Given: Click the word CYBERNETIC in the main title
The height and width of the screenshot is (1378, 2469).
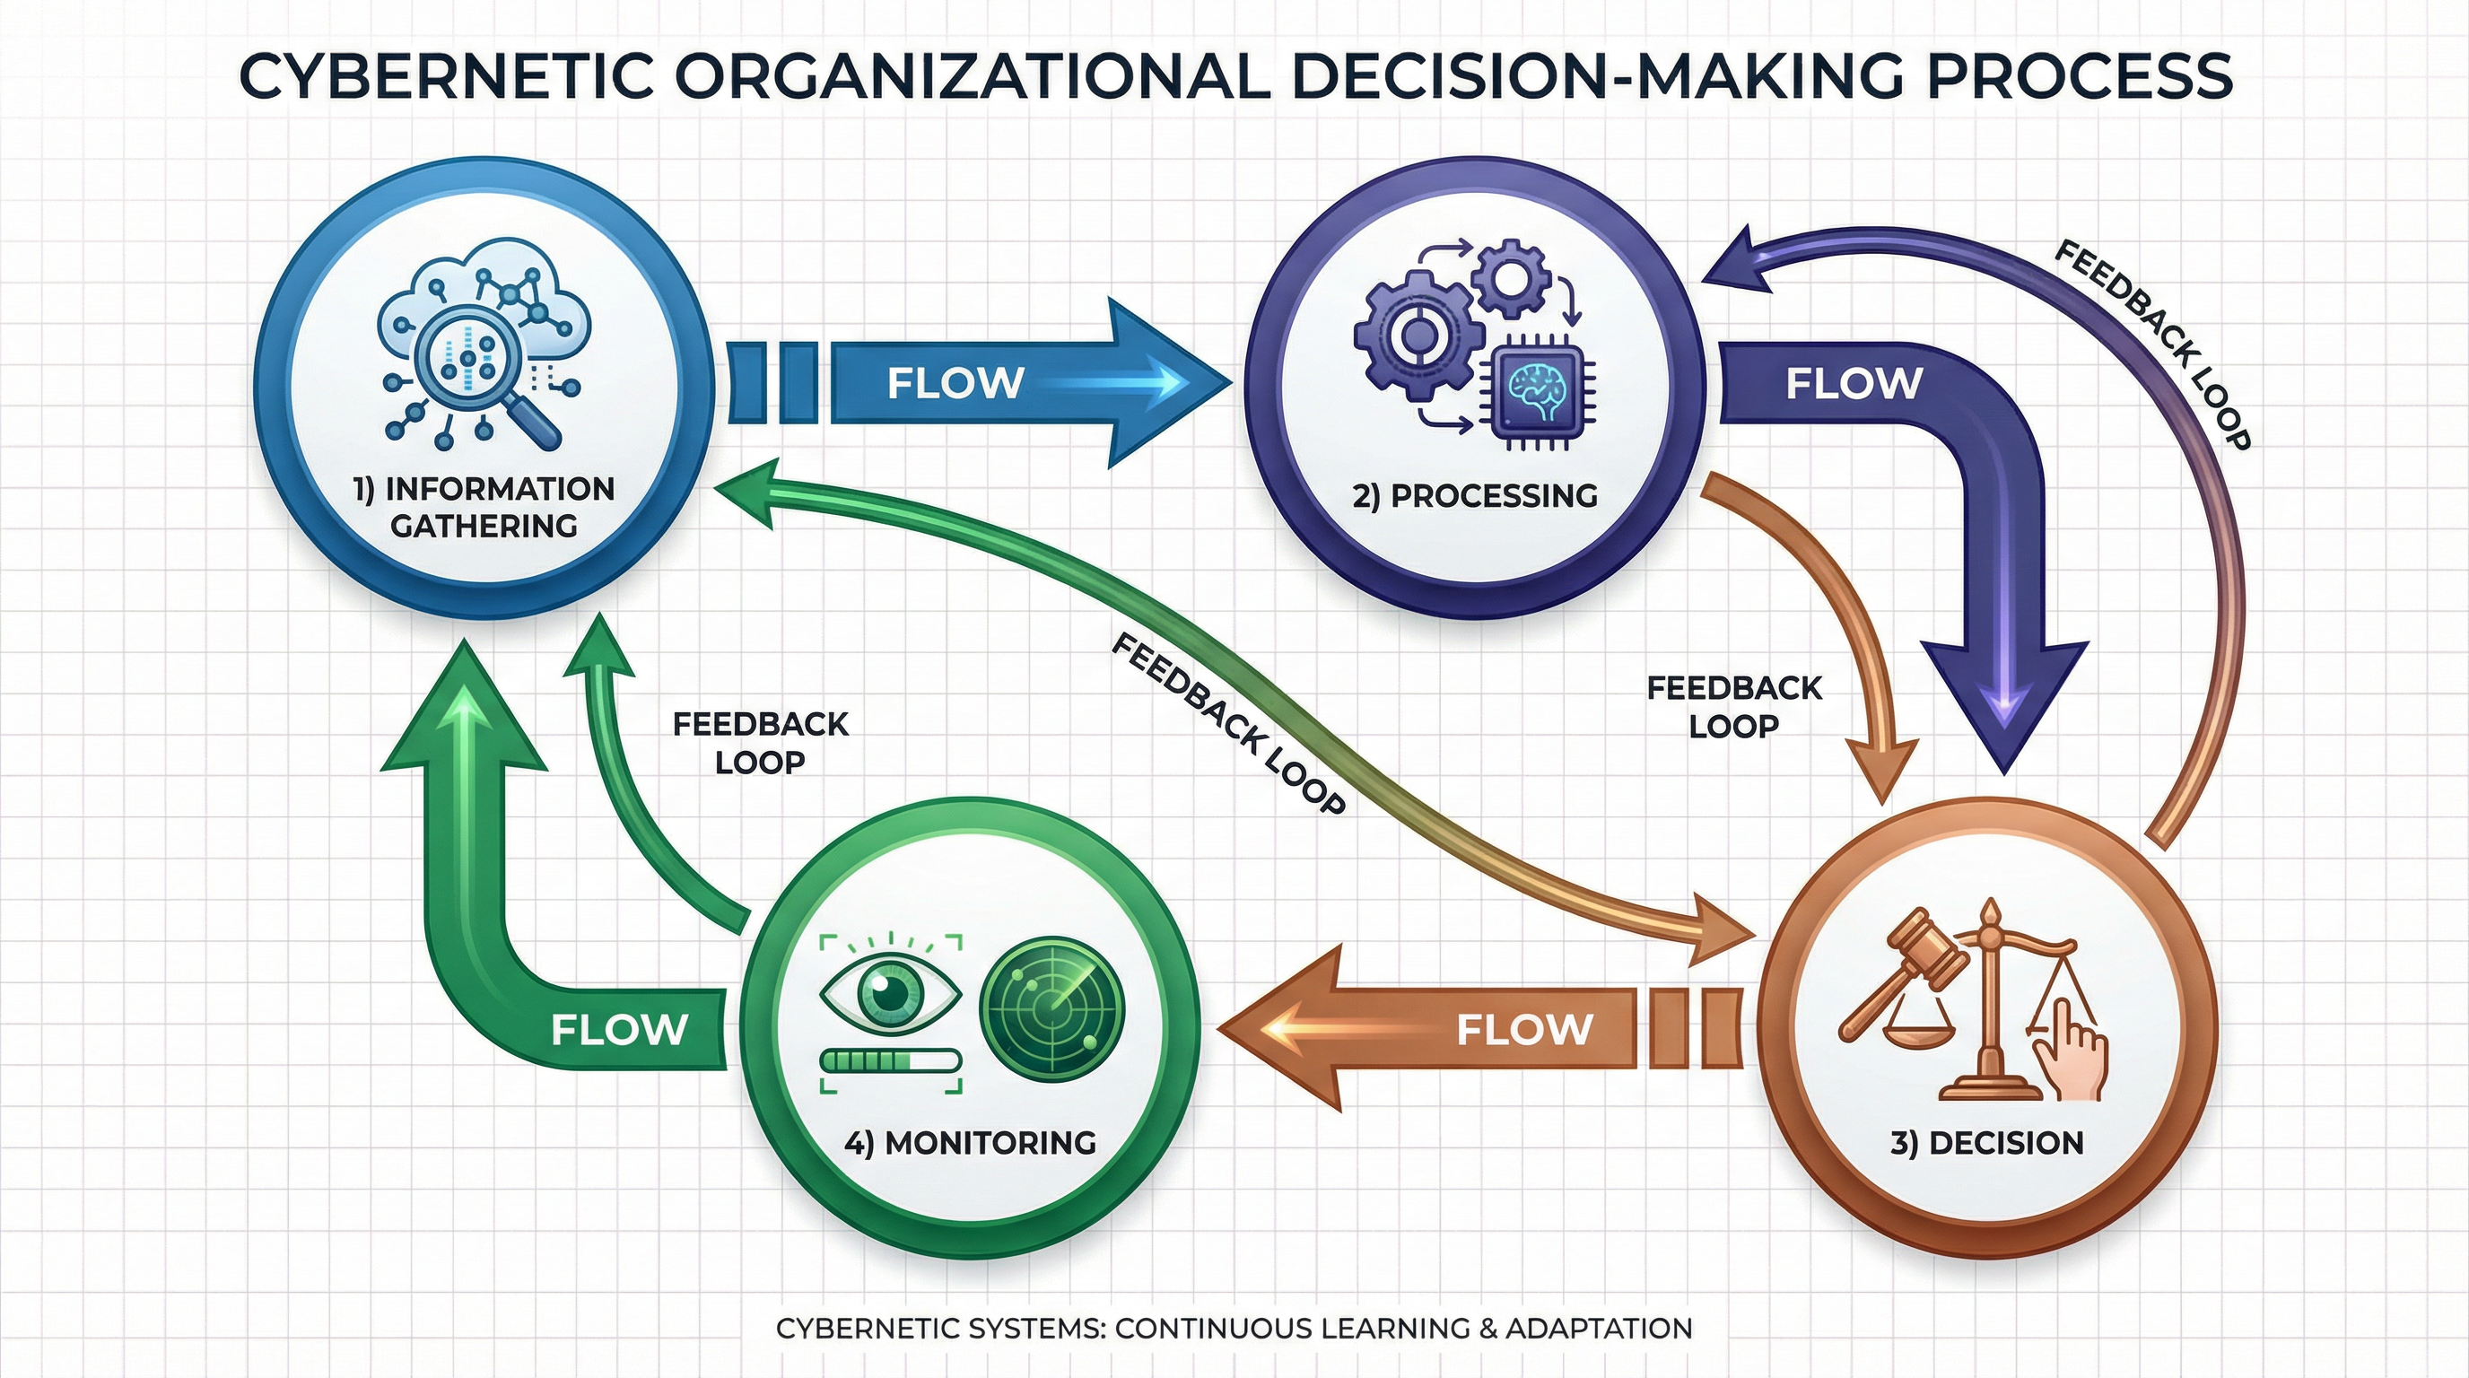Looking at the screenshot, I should pos(446,76).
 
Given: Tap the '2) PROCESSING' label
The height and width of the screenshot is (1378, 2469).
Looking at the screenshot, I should pos(1474,495).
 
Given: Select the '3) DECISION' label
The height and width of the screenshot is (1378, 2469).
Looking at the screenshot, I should pos(1987,1143).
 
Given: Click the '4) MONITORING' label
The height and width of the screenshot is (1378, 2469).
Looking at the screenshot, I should pos(970,1142).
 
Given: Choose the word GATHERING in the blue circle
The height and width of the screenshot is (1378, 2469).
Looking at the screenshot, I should pos(484,525).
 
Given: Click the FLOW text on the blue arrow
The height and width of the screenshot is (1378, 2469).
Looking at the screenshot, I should pos(955,383).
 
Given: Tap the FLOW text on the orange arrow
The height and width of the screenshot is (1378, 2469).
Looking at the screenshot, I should pos(1524,1030).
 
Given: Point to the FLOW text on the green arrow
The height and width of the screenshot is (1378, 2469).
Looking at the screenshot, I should pos(619,1030).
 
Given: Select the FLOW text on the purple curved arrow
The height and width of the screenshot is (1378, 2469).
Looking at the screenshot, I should pos(1854,383).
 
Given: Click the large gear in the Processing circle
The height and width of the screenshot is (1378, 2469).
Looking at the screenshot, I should pos(1414,331).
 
